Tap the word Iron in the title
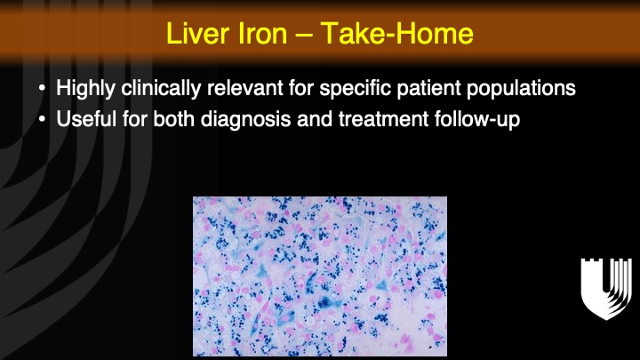point(261,33)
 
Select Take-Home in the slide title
point(396,33)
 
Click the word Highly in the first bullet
point(85,88)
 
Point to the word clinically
point(161,88)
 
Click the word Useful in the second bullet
point(86,119)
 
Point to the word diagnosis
point(245,120)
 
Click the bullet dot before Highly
point(42,88)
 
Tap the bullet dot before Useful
point(42,120)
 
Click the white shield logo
point(606,289)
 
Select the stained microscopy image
point(320,276)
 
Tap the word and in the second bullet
point(315,119)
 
